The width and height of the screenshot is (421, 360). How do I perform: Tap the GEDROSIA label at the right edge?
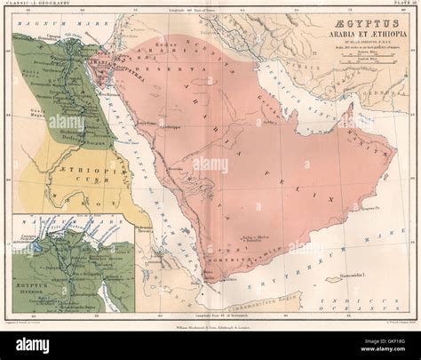tap(391, 92)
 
